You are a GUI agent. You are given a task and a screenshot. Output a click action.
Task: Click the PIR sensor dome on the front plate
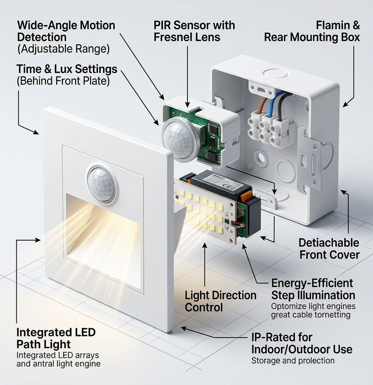pyautogui.click(x=101, y=184)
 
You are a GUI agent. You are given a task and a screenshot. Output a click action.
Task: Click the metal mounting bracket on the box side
pyautogui.click(x=309, y=158)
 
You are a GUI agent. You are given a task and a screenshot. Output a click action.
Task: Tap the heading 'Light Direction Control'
pyautogui.click(x=221, y=301)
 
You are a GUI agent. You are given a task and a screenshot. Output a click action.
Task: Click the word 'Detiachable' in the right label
pyautogui.click(x=329, y=243)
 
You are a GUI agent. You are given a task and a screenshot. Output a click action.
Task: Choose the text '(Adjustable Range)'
pyautogui.click(x=63, y=49)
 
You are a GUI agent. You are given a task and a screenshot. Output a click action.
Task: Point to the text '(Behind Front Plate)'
pyautogui.click(x=63, y=81)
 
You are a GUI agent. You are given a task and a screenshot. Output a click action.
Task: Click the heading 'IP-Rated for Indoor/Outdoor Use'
pyautogui.click(x=302, y=343)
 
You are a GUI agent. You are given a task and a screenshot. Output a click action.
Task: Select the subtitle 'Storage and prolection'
pyautogui.click(x=293, y=361)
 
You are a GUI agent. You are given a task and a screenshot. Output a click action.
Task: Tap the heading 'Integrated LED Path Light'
pyautogui.click(x=56, y=338)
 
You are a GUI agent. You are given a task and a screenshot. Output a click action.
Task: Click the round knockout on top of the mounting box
pyautogui.click(x=275, y=73)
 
